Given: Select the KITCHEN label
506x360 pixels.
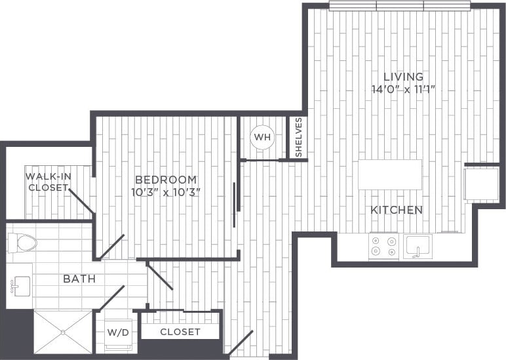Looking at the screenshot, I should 396,210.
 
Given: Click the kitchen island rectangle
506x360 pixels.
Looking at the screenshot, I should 390,174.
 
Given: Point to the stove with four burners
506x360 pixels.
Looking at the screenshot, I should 384,246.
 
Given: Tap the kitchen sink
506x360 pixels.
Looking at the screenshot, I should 416,247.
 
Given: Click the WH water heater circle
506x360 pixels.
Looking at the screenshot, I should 262,137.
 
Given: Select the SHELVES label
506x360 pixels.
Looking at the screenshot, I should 298,137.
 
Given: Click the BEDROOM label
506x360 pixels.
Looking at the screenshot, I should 165,180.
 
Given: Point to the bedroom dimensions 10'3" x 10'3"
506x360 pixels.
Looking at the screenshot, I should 165,192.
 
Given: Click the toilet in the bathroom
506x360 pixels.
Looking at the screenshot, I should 23,243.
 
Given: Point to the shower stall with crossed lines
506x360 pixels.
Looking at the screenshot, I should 63,332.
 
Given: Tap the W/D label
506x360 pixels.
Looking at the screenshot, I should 118,332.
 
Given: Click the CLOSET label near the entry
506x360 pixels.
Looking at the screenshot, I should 180,332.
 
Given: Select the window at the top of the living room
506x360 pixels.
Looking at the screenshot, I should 400,6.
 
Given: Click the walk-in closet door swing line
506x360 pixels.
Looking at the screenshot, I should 81,201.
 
